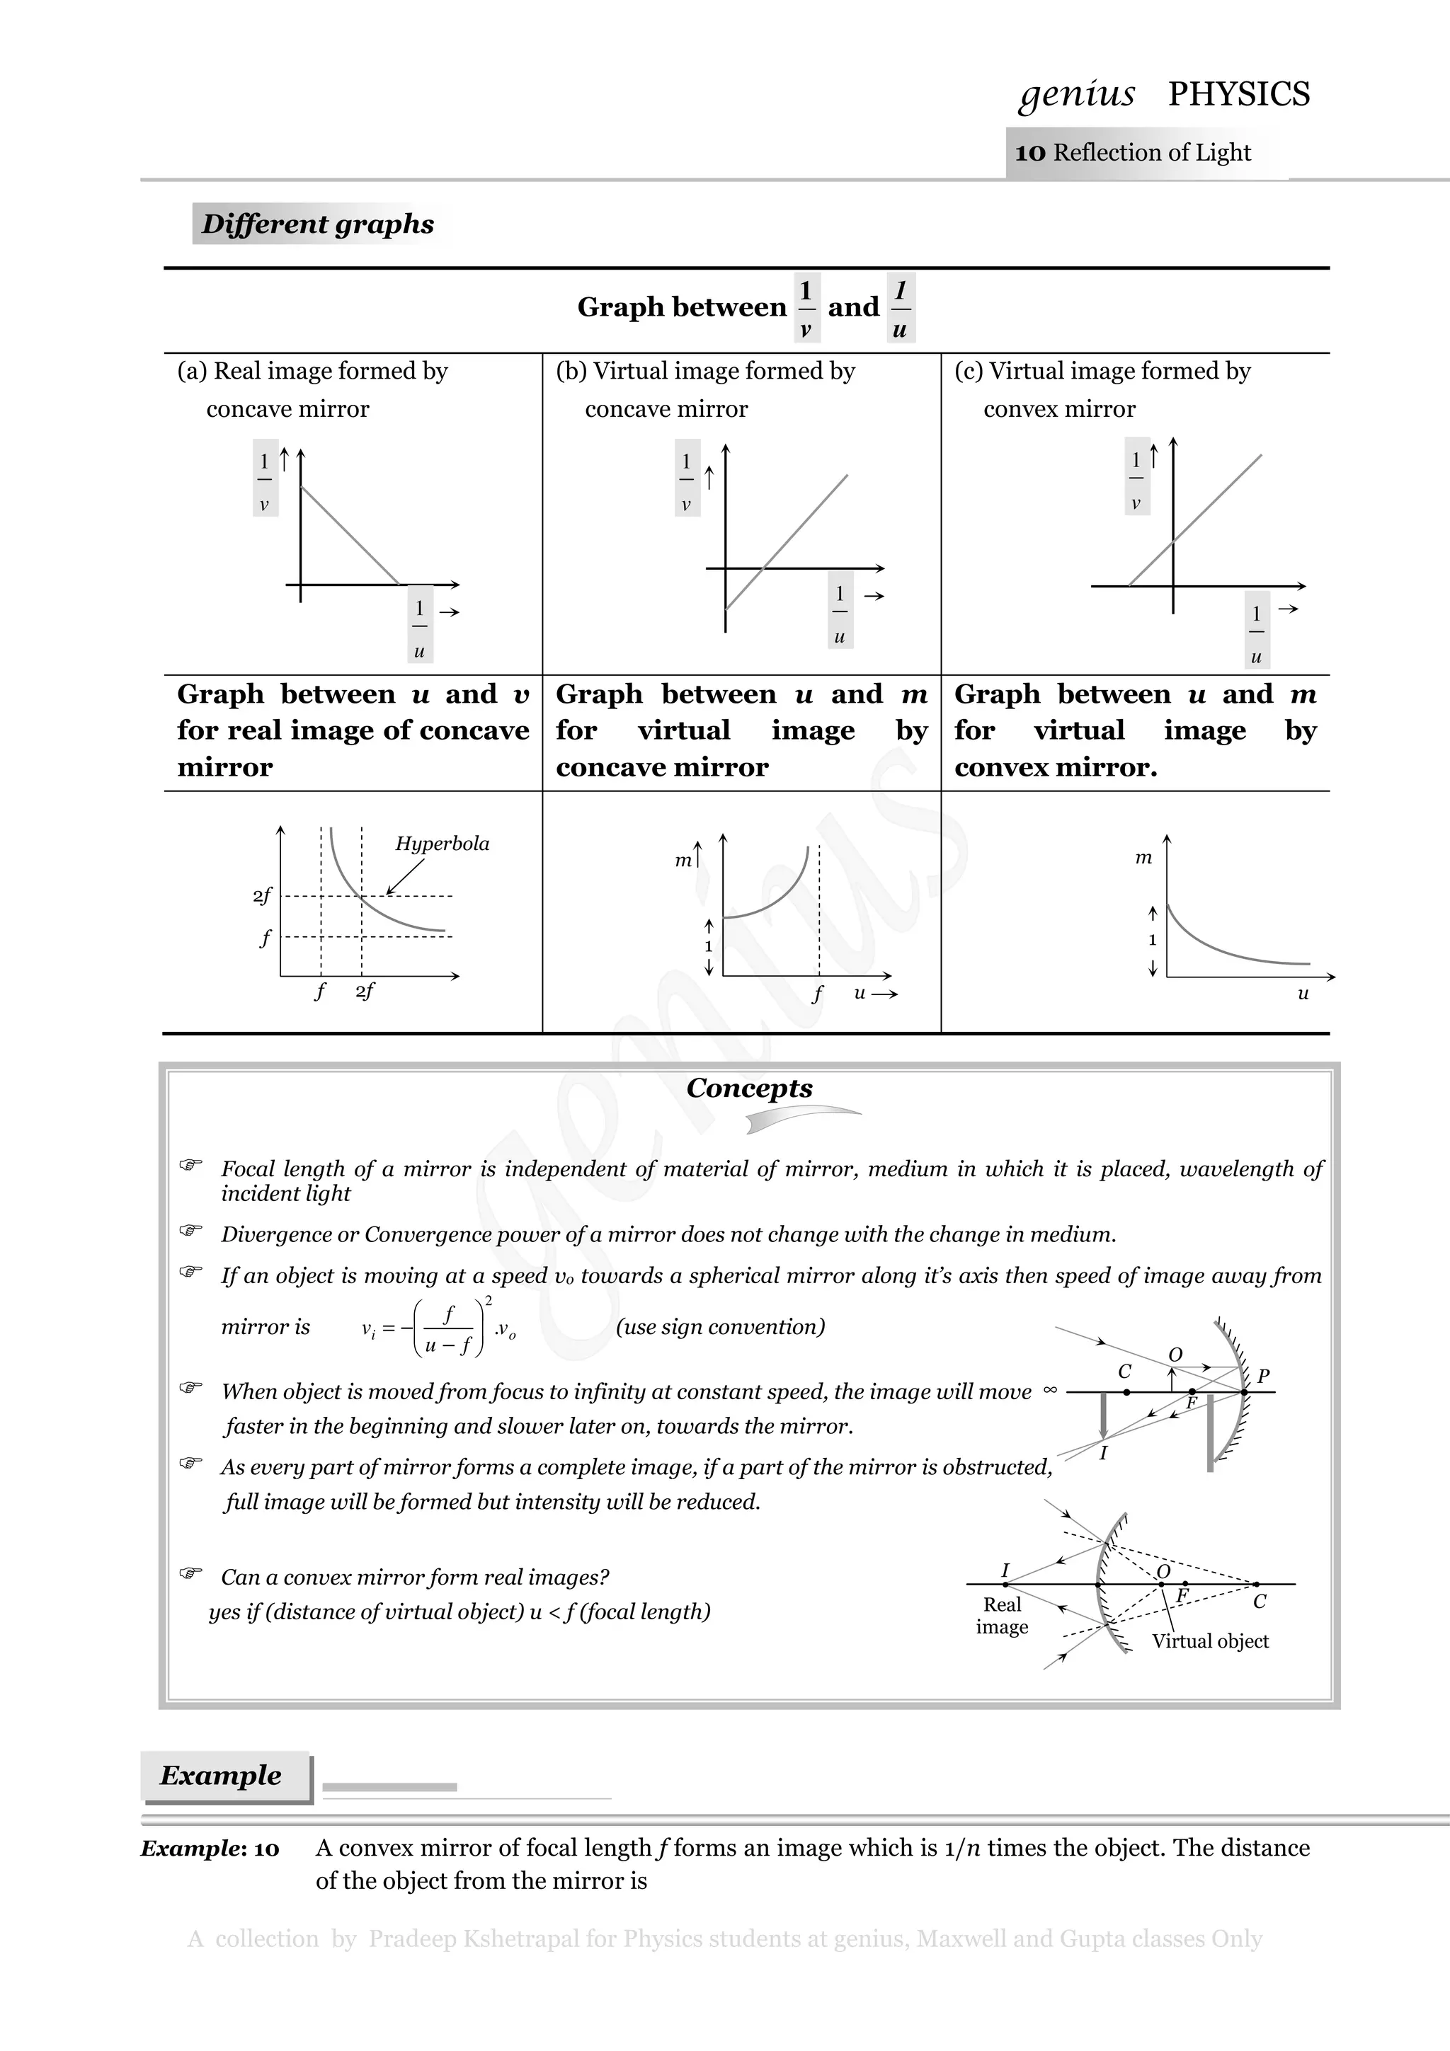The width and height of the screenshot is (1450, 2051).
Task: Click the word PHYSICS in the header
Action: tap(1238, 94)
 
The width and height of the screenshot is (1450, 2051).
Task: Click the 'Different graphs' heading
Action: tap(317, 224)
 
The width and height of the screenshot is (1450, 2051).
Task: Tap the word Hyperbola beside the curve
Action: tap(443, 844)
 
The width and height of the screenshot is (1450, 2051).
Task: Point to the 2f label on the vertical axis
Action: tap(262, 895)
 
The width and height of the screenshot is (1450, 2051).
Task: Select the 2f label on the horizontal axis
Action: tap(365, 991)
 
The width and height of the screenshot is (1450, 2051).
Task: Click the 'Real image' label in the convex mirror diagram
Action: tap(1002, 1615)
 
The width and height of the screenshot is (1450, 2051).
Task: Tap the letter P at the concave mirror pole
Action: tap(1263, 1376)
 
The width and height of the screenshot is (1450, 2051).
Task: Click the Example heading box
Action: tap(222, 1775)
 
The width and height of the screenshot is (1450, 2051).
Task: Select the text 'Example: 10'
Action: tap(210, 1848)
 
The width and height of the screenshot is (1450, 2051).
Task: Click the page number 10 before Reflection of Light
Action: tap(1029, 153)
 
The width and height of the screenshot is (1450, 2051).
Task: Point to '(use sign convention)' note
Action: tap(720, 1326)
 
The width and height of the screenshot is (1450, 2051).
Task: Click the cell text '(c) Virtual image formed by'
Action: tap(1102, 371)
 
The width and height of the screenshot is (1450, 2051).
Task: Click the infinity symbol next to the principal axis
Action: tap(1050, 1390)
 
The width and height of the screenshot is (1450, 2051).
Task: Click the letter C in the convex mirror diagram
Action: tap(1260, 1602)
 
